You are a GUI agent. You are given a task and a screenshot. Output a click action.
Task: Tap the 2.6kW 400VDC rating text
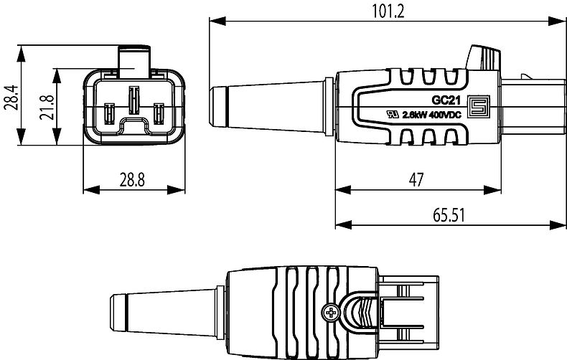429,114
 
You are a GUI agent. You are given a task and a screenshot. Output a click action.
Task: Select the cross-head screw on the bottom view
332,313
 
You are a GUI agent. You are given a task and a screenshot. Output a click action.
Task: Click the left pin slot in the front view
110,114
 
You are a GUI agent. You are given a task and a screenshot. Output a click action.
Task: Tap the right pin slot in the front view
159,114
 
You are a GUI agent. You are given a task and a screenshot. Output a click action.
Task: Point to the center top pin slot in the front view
134,100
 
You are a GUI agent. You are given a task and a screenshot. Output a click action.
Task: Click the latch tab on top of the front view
134,59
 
